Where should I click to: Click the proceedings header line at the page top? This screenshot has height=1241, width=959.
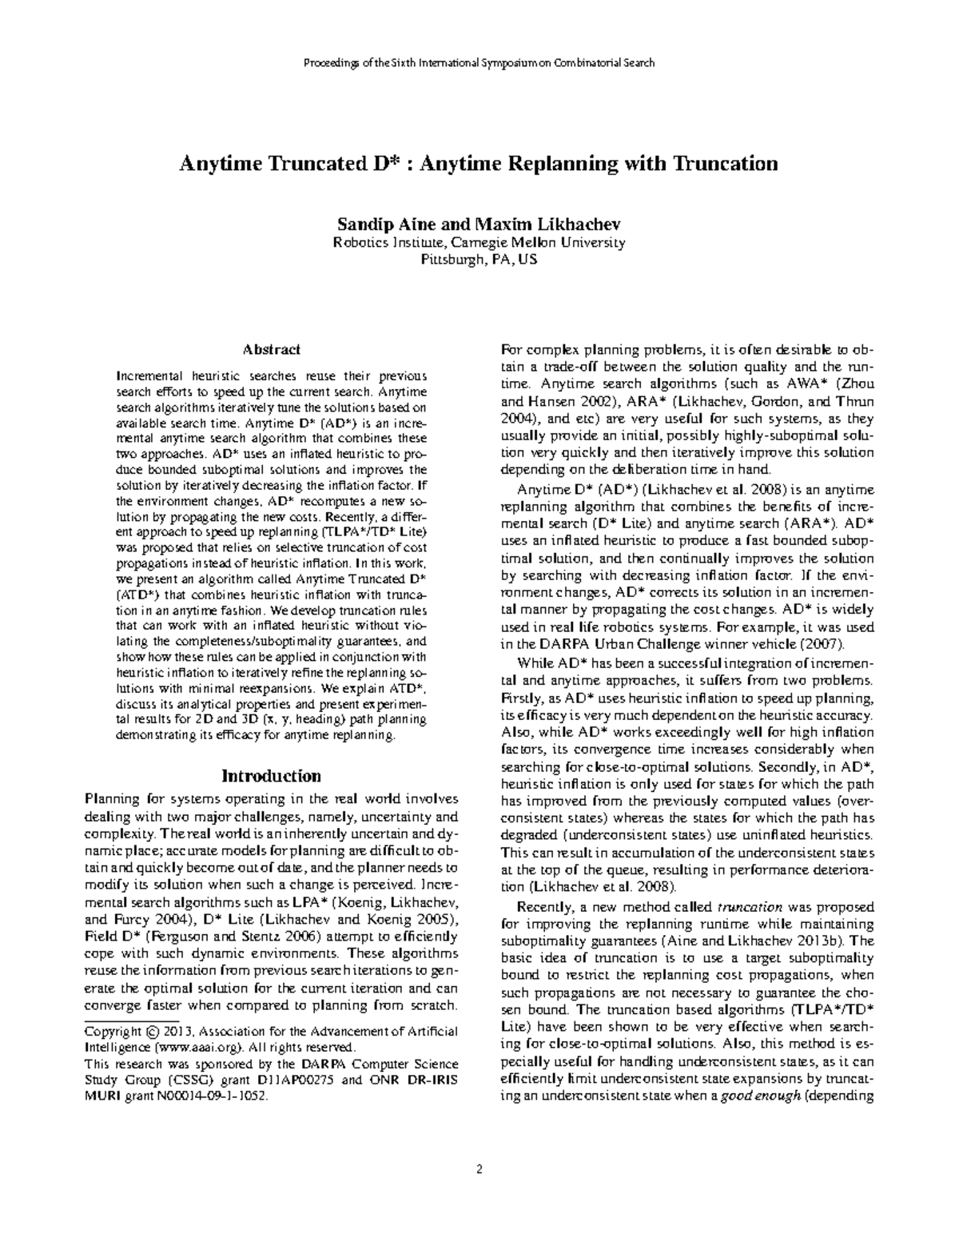point(479,62)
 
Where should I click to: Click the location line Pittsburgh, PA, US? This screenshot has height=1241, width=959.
point(479,260)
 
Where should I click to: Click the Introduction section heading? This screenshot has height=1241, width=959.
point(271,775)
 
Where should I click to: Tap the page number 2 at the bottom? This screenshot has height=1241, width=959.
point(479,1170)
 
